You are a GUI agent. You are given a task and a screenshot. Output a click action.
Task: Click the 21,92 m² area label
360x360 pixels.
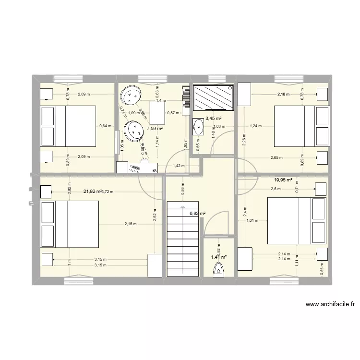(x=92, y=192)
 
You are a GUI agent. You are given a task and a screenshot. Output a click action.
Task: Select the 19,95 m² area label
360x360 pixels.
(x=283, y=180)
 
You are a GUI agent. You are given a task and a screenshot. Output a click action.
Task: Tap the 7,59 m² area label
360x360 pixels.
(x=155, y=129)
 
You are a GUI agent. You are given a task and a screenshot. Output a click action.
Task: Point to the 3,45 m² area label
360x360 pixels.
(x=213, y=118)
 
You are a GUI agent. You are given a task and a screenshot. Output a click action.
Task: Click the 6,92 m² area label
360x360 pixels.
(x=197, y=214)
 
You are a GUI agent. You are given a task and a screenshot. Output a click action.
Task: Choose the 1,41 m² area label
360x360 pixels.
(x=219, y=257)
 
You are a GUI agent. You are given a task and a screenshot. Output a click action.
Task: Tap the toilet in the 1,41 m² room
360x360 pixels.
(x=219, y=272)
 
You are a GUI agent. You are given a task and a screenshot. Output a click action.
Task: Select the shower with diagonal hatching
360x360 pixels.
(x=213, y=97)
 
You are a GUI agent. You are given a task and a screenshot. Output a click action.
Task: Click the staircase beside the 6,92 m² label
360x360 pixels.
(x=183, y=239)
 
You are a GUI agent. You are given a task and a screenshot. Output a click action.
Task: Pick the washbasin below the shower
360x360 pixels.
(x=198, y=128)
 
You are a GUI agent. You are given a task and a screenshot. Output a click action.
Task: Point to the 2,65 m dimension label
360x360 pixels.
(x=276, y=157)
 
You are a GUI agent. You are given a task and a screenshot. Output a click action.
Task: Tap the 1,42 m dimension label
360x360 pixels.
(x=177, y=166)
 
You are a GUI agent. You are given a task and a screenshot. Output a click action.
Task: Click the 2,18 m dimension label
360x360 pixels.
(x=284, y=95)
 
